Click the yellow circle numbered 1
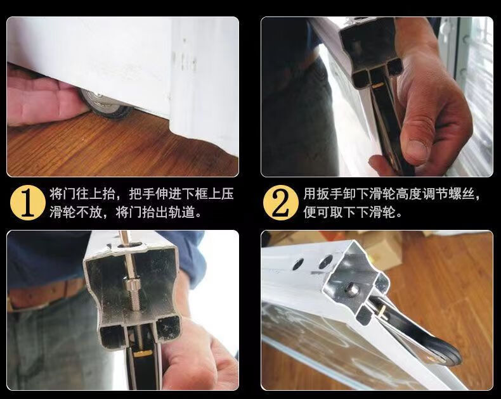(x=27, y=203)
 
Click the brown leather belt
(x=48, y=294)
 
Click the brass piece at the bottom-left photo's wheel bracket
(x=143, y=353)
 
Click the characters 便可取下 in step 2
(x=330, y=212)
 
